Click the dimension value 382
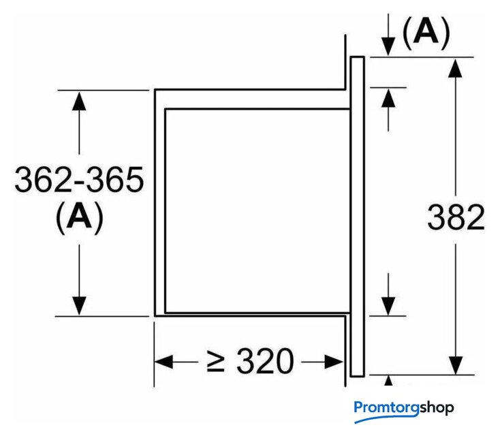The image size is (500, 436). pyautogui.click(x=456, y=217)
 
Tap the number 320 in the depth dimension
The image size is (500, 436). pyautogui.click(x=265, y=361)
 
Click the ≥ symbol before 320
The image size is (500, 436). pyautogui.click(x=217, y=361)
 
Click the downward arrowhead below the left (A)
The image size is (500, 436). pyautogui.click(x=80, y=305)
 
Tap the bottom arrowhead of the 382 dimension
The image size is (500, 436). pyautogui.click(x=456, y=365)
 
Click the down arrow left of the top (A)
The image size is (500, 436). pyautogui.click(x=388, y=45)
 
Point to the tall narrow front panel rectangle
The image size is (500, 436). pyautogui.click(x=358, y=217)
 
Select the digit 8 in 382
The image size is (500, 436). pyautogui.click(x=456, y=217)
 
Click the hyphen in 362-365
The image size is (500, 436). pyautogui.click(x=80, y=182)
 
